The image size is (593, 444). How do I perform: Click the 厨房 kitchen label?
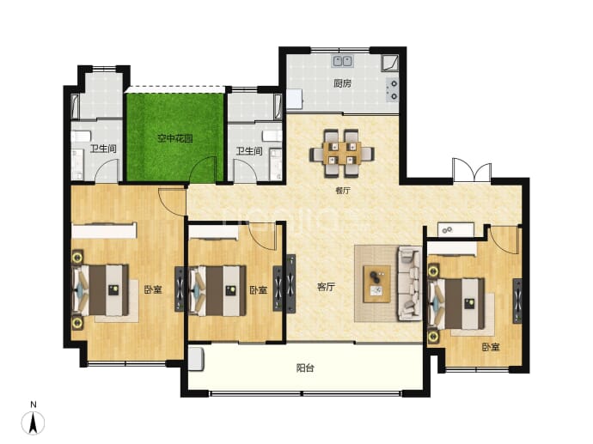[342, 83]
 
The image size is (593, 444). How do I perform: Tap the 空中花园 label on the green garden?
[174, 138]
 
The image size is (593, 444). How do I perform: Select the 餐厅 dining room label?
[343, 191]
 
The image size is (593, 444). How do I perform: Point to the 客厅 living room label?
[326, 287]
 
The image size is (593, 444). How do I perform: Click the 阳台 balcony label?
[305, 368]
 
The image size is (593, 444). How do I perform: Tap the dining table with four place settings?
[342, 153]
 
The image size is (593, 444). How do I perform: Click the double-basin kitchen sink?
[343, 61]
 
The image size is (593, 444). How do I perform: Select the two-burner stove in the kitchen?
[393, 90]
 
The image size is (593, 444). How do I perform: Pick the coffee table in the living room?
[376, 283]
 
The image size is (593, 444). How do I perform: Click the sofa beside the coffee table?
[409, 283]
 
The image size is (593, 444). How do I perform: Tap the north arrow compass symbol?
[34, 422]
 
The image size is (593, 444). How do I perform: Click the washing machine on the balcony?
[196, 359]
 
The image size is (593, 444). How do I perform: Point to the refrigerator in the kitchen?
[294, 100]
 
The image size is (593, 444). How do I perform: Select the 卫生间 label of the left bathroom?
[103, 149]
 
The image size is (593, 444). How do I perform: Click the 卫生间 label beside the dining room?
[249, 151]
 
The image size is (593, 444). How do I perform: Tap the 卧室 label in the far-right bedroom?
[491, 347]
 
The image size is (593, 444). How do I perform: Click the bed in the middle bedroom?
[217, 290]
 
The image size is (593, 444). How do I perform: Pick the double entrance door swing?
[472, 170]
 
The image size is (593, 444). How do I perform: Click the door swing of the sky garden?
[203, 170]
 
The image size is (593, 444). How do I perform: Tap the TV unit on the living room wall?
[290, 283]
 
